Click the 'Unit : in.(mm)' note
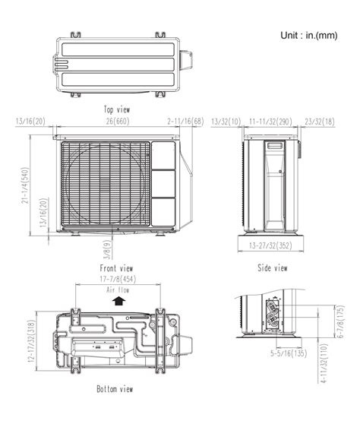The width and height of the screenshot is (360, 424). (x=309, y=36)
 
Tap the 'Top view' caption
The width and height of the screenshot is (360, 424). (x=118, y=109)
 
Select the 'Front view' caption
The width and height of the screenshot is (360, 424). (x=116, y=268)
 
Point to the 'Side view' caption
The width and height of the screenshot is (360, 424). (x=271, y=268)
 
